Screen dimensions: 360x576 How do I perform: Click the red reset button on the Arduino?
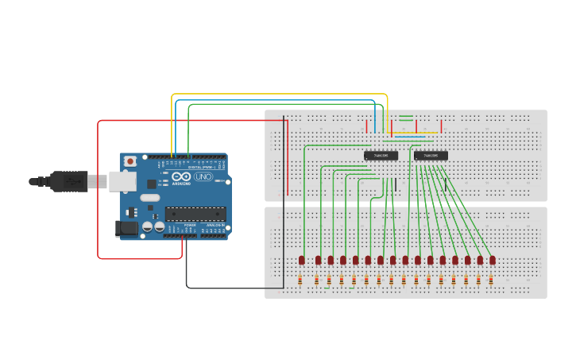tap(130, 161)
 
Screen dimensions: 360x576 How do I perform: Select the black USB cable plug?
tap(68, 182)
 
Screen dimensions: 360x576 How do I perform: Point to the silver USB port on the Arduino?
tap(122, 182)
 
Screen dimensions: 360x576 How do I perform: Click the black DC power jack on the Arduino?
tap(126, 229)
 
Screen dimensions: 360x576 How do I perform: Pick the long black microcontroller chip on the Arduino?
tap(195, 213)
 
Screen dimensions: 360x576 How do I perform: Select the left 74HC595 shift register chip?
tap(381, 156)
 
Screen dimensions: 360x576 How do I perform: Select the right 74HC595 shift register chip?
tap(431, 156)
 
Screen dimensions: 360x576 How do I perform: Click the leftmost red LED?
tap(302, 260)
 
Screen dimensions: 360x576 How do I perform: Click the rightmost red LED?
tap(493, 260)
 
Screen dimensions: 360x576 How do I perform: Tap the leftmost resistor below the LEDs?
tap(300, 280)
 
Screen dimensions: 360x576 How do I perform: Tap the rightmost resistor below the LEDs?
tap(491, 280)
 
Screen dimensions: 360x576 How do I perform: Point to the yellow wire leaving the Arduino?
tap(278, 95)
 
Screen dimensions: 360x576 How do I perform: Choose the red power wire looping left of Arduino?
tap(99, 191)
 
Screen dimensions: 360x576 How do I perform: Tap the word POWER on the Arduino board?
tap(190, 225)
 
